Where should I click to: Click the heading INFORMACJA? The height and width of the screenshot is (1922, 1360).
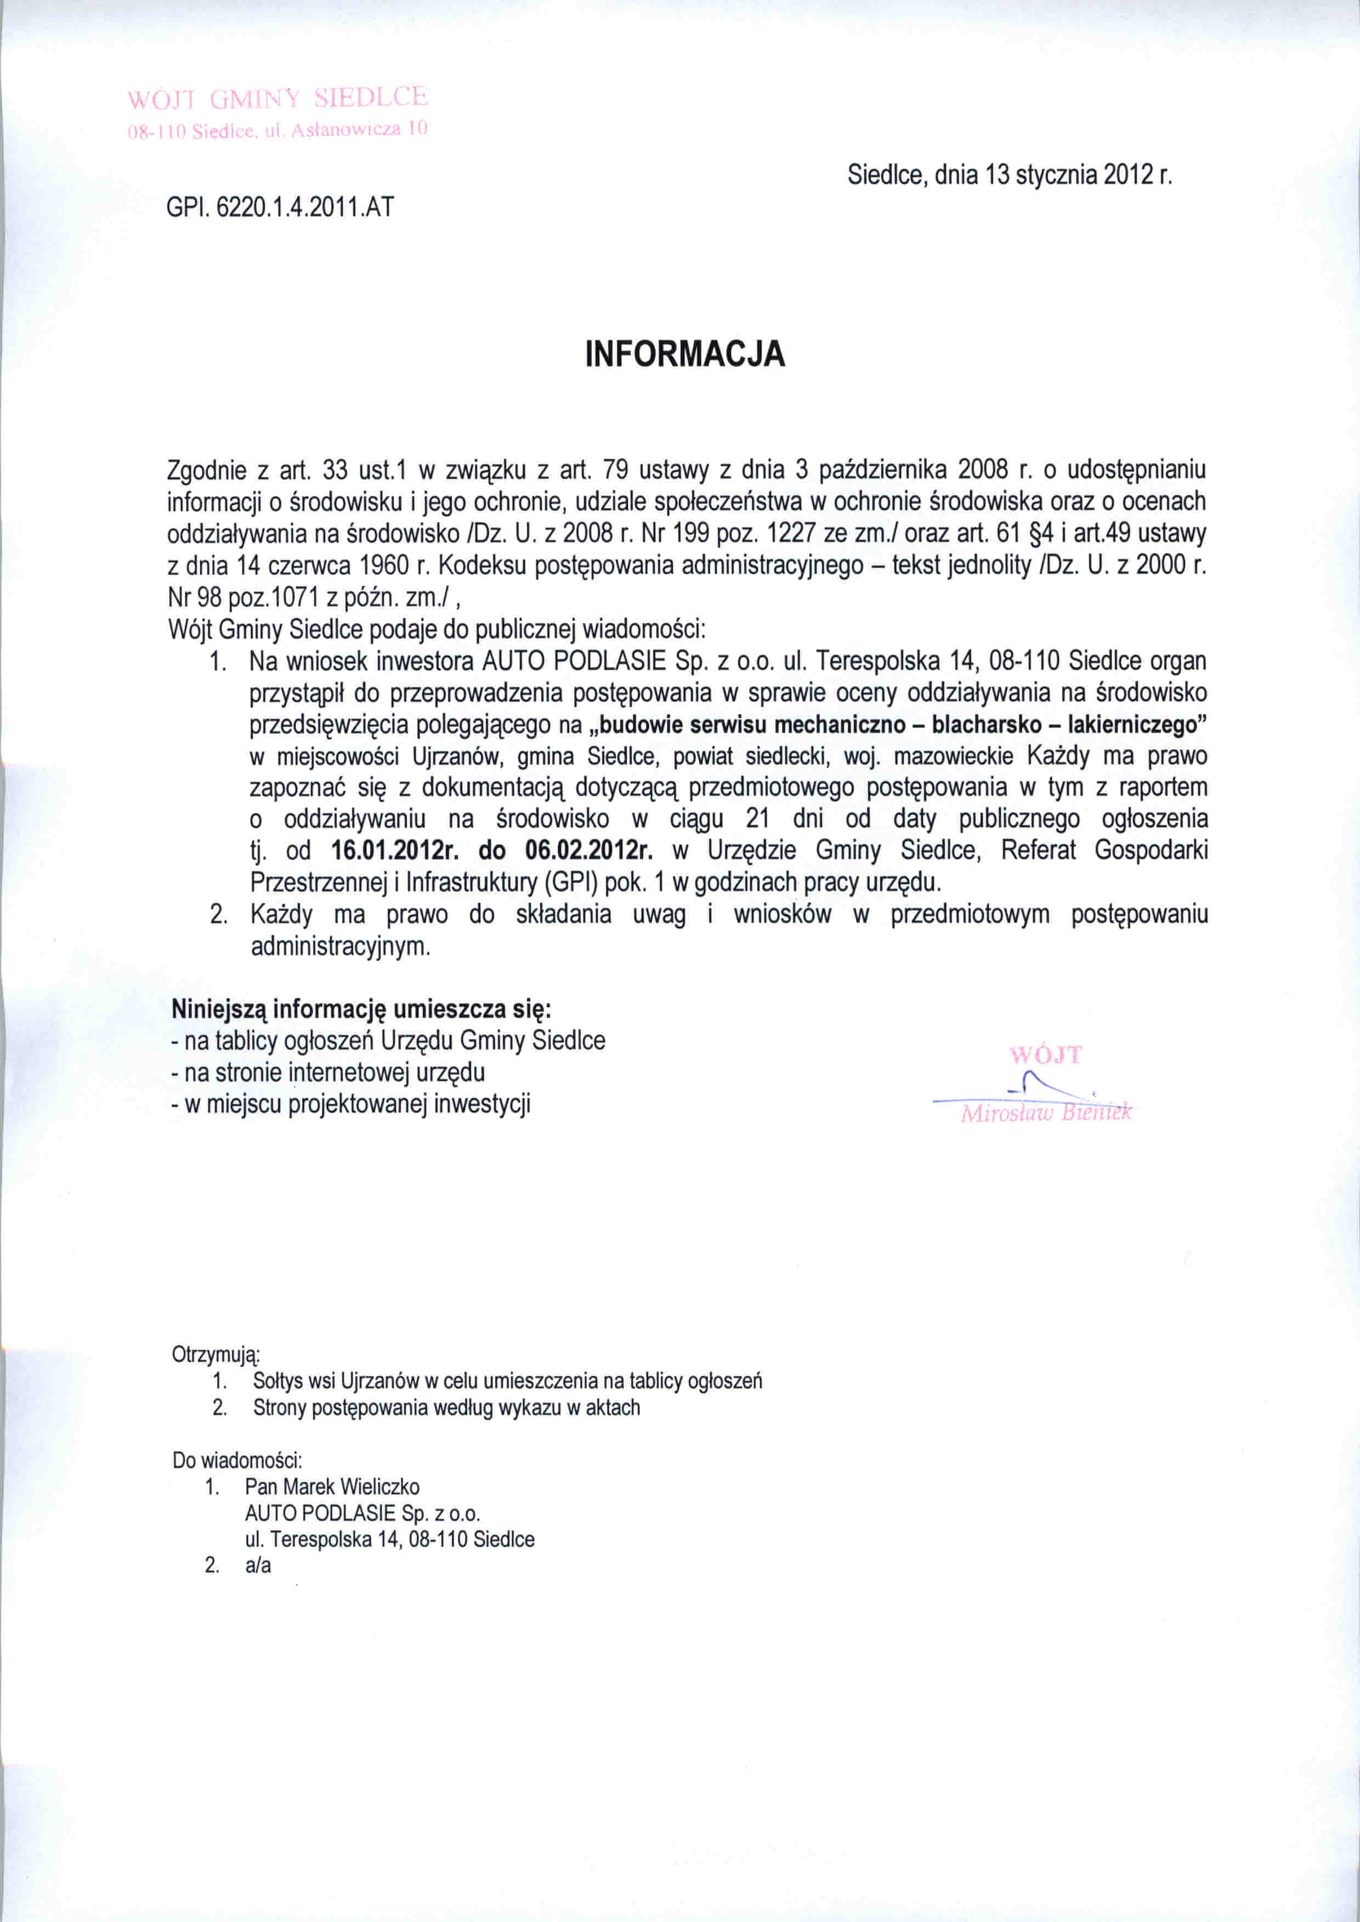coord(684,354)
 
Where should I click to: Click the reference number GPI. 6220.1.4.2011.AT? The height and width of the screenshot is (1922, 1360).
coord(280,207)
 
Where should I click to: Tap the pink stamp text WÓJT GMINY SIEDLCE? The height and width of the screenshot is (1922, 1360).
coord(277,99)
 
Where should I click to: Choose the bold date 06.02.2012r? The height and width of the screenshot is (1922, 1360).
coord(589,851)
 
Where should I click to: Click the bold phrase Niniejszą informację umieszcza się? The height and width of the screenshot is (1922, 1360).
coord(362,1009)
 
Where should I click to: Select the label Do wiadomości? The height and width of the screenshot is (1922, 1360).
coord(237,1460)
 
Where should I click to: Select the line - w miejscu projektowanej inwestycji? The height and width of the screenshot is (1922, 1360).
coord(351,1104)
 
